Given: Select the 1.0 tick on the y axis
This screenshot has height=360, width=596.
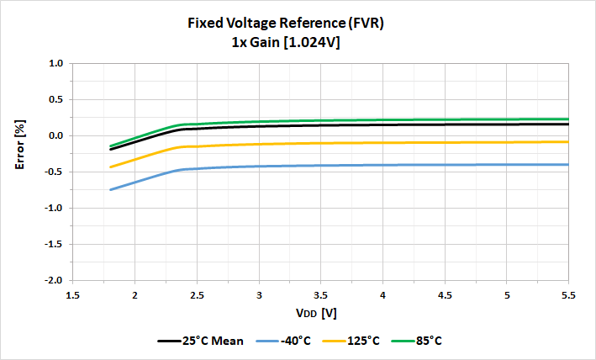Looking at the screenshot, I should pos(56,63).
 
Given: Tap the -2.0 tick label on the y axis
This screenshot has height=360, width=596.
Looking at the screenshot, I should pos(55,280).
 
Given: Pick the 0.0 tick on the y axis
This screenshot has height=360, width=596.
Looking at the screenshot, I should pos(56,135).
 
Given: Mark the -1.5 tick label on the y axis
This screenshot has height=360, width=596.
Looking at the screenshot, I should pos(55,244).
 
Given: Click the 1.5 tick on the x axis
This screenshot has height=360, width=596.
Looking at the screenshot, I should pos(73,295).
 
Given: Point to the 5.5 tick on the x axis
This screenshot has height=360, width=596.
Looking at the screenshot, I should pos(569,295).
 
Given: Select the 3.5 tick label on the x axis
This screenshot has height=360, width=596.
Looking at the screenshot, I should pos(321,295).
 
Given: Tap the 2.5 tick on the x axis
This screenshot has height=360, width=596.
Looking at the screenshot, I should pos(197,295).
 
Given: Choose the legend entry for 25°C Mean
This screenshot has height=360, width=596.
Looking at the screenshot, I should pos(202,341).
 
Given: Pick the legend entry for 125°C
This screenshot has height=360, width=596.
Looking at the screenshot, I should pos(352,341).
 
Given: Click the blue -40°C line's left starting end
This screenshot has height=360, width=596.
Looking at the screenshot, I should pos(110,189).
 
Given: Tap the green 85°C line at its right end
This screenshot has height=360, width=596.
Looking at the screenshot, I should pos(568,119).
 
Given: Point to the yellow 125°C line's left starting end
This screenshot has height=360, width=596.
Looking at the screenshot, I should pos(110,167).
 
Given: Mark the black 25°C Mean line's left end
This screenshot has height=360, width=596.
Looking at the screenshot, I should pos(110,150).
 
